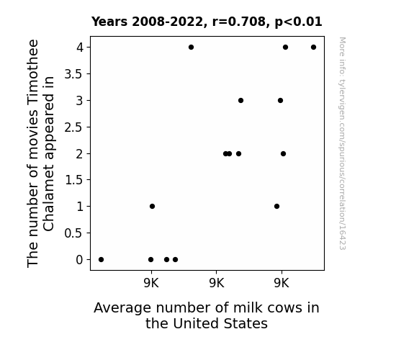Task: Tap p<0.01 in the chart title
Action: point(298,22)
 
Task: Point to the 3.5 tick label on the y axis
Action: point(73,74)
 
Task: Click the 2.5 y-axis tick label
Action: point(73,127)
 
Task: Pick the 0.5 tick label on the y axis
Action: point(73,233)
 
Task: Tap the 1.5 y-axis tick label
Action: point(73,180)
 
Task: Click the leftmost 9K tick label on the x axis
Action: point(151,283)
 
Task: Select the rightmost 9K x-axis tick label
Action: point(282,283)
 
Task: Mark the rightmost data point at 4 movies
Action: point(313,48)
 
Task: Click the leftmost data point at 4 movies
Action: point(191,48)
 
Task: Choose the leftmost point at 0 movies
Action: point(101,260)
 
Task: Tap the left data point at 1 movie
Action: point(153,207)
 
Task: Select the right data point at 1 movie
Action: point(276,207)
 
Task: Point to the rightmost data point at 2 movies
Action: point(283,153)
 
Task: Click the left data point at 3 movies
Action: point(240,100)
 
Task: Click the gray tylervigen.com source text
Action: point(342,143)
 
